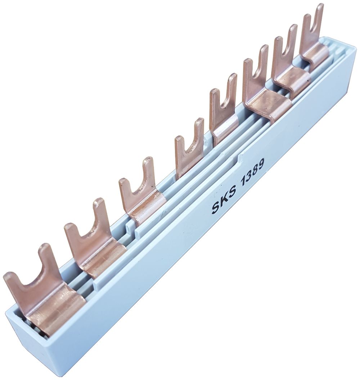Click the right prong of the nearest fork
tap(47, 259)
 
